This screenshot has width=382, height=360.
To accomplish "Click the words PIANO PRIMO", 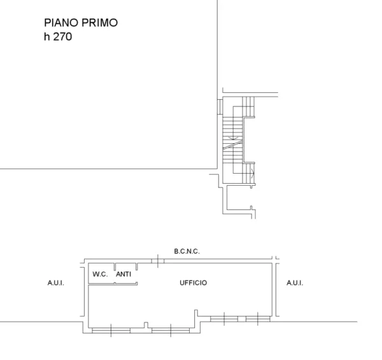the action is [81, 23].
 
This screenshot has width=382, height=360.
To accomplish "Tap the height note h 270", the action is [58, 36].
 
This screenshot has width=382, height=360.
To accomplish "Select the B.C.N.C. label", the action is [187, 251].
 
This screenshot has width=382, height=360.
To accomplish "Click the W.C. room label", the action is [100, 274].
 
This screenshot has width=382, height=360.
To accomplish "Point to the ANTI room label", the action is [124, 274].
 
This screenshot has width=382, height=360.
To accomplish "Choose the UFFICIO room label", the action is [193, 282].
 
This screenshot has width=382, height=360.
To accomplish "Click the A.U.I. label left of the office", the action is [56, 283].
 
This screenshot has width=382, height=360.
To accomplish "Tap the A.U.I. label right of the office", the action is [295, 283].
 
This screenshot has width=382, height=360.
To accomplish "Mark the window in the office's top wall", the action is [158, 261].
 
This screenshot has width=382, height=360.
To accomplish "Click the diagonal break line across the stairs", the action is [232, 145].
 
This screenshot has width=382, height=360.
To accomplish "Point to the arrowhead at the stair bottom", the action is [253, 173].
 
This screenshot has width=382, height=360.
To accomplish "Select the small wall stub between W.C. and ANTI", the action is [115, 267].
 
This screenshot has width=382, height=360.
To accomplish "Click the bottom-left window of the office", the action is [111, 330].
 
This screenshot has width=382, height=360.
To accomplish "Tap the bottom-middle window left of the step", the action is [171, 330].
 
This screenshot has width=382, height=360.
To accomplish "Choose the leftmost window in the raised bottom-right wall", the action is [224, 319].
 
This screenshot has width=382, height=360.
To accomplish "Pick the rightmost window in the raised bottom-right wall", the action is [258, 319].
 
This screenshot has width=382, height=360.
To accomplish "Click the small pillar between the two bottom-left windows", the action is [146, 325].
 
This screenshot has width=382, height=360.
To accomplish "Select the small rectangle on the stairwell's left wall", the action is [220, 107].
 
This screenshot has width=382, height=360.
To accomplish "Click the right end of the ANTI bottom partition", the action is [137, 283].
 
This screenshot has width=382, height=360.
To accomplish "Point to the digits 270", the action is [62, 37].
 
